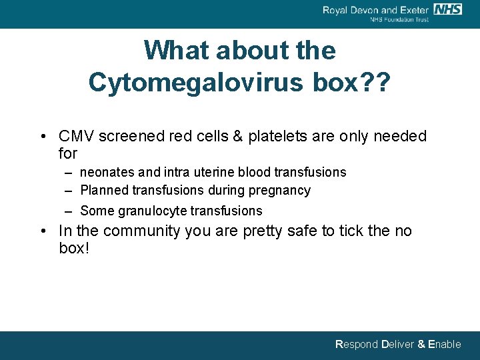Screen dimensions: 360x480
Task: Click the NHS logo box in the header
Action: [x=447, y=9]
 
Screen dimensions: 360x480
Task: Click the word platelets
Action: [x=275, y=137]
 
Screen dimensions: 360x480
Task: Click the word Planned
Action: [x=105, y=191]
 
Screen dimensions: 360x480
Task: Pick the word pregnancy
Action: [x=279, y=191]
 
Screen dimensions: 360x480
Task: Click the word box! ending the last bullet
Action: [x=74, y=249]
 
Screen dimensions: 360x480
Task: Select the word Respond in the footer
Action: [x=356, y=345]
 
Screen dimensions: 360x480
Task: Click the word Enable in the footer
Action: [x=444, y=345]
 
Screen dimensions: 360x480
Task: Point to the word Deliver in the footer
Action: [x=397, y=345]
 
